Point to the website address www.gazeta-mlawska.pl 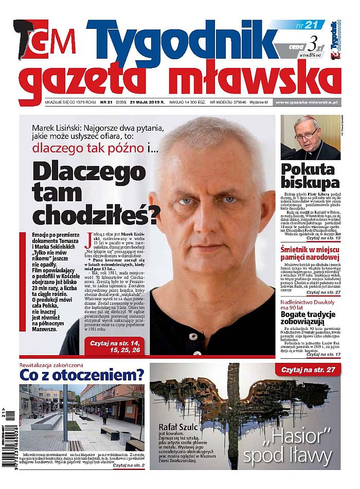(x=307, y=102)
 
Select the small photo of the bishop (x=310, y=137)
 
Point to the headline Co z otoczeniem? (x=81, y=375)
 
